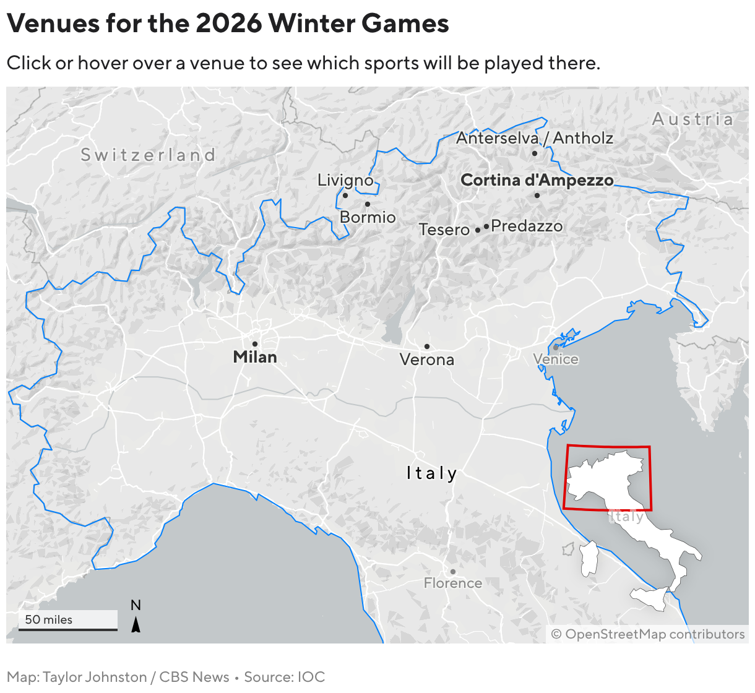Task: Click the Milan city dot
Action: [254, 344]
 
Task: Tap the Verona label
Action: [427, 359]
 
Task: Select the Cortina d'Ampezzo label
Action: [537, 180]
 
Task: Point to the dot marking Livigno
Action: [345, 196]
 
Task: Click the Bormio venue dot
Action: [368, 204]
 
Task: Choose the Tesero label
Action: [444, 230]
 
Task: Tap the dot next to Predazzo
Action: [486, 226]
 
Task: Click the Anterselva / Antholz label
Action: [535, 138]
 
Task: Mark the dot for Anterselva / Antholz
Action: [535, 153]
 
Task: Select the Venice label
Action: [556, 359]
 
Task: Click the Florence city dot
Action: [453, 572]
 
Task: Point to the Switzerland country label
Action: [149, 155]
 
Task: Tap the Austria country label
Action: [693, 119]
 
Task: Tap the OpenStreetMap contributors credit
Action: [648, 634]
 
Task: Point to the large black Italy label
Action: [432, 473]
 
